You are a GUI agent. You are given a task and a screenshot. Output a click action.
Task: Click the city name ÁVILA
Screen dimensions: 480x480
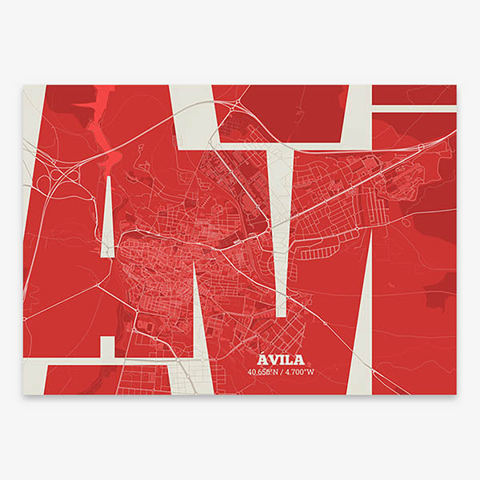[282, 358]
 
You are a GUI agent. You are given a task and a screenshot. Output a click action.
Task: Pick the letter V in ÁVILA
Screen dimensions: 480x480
[274, 358]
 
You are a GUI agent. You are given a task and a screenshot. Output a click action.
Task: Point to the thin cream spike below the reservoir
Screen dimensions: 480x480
[107, 216]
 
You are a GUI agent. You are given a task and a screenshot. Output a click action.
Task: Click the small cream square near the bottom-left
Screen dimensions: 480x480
[106, 345]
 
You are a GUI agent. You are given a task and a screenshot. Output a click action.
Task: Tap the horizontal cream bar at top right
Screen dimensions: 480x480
[414, 108]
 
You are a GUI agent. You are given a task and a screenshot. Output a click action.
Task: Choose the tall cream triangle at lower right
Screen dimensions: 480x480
[360, 336]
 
